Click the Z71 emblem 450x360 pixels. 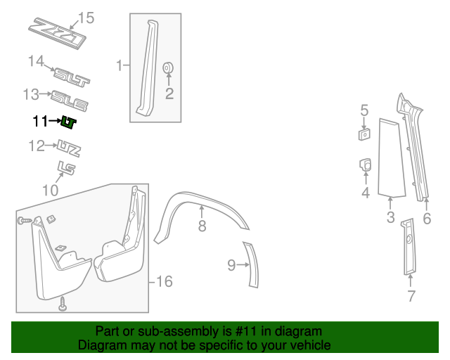pyautogui.click(x=58, y=33)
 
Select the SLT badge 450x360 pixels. pyautogui.click(x=72, y=77)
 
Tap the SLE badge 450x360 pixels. pyautogui.click(x=69, y=101)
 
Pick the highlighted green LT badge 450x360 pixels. pyautogui.click(x=68, y=122)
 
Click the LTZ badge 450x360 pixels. pyautogui.click(x=69, y=148)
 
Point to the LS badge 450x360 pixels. pyautogui.click(x=66, y=168)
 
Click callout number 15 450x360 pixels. pyautogui.click(x=86, y=18)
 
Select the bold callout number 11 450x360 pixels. pyautogui.click(x=40, y=121)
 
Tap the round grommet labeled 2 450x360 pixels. pyautogui.click(x=168, y=67)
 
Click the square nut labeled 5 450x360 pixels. pyautogui.click(x=364, y=134)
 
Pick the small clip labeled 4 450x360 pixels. pyautogui.click(x=366, y=165)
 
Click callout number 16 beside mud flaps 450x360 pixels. pyautogui.click(x=165, y=281)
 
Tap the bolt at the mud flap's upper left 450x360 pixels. pyautogui.click(x=25, y=221)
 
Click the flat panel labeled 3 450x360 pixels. pyautogui.click(x=392, y=158)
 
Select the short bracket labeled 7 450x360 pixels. pyautogui.click(x=409, y=247)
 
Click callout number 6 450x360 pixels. pyautogui.click(x=427, y=219)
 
